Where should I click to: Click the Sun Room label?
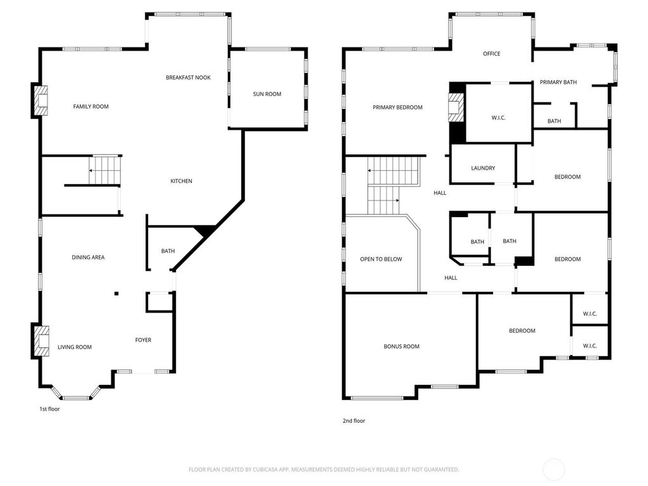267,94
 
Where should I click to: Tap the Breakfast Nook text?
188,77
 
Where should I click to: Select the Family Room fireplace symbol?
40,101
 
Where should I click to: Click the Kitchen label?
181,181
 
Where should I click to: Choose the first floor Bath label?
168,251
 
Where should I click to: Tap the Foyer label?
143,340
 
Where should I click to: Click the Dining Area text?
88,257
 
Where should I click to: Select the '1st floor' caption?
49,409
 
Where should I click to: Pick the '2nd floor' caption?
354,421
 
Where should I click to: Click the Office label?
491,54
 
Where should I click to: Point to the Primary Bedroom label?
397,107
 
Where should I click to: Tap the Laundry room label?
483,168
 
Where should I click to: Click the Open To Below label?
381,259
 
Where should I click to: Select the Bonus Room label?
401,346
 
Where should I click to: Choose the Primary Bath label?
558,82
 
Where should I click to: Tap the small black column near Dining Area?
116,294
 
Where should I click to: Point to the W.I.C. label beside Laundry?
499,118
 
